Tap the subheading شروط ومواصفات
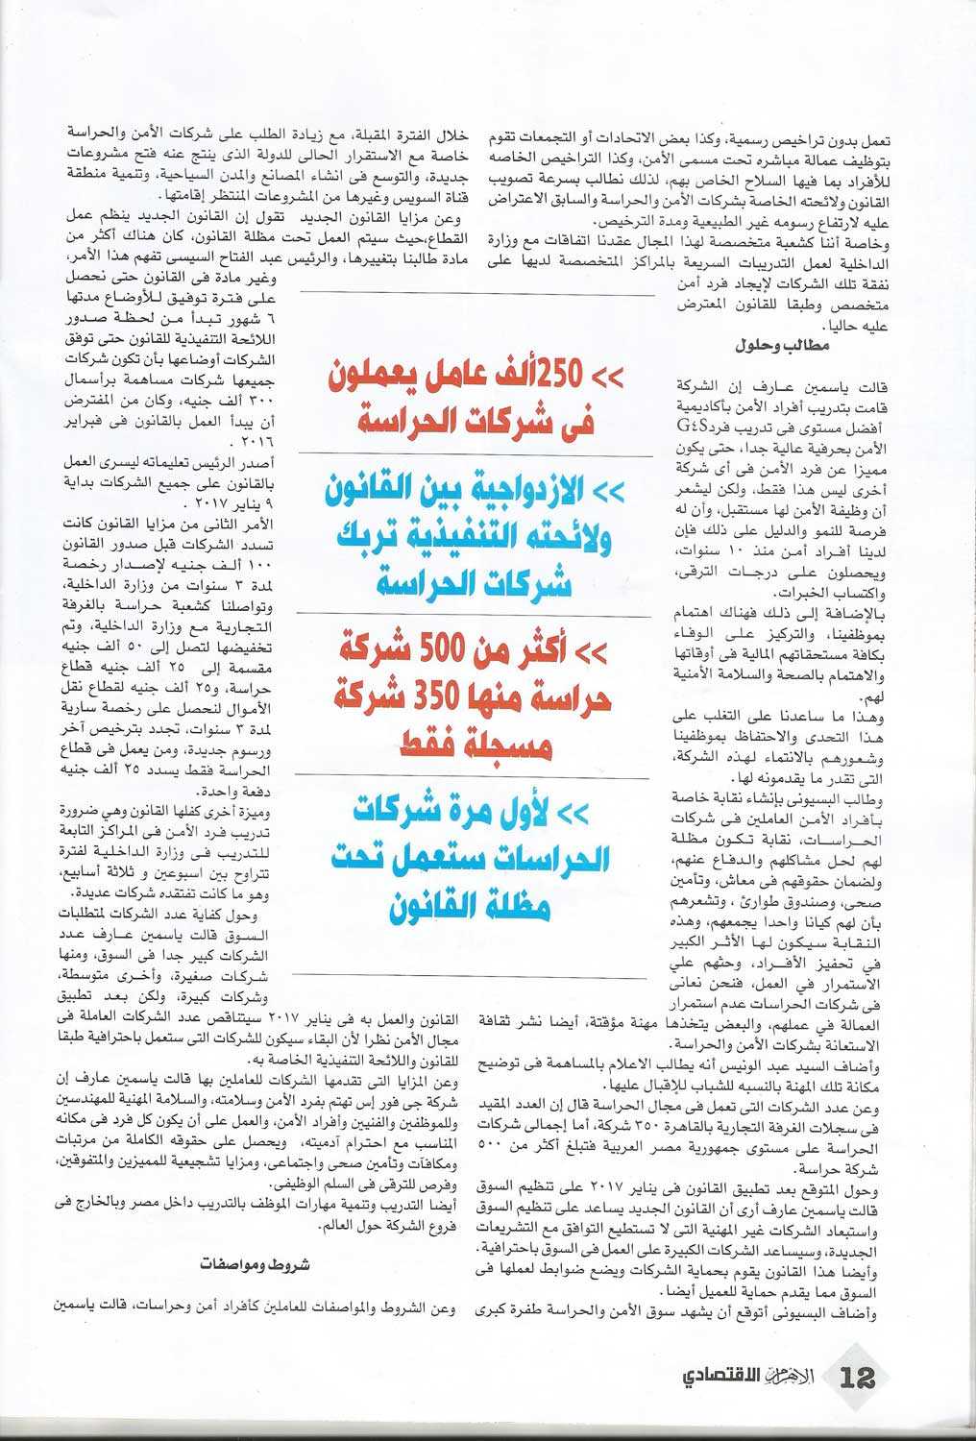[256, 1263]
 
